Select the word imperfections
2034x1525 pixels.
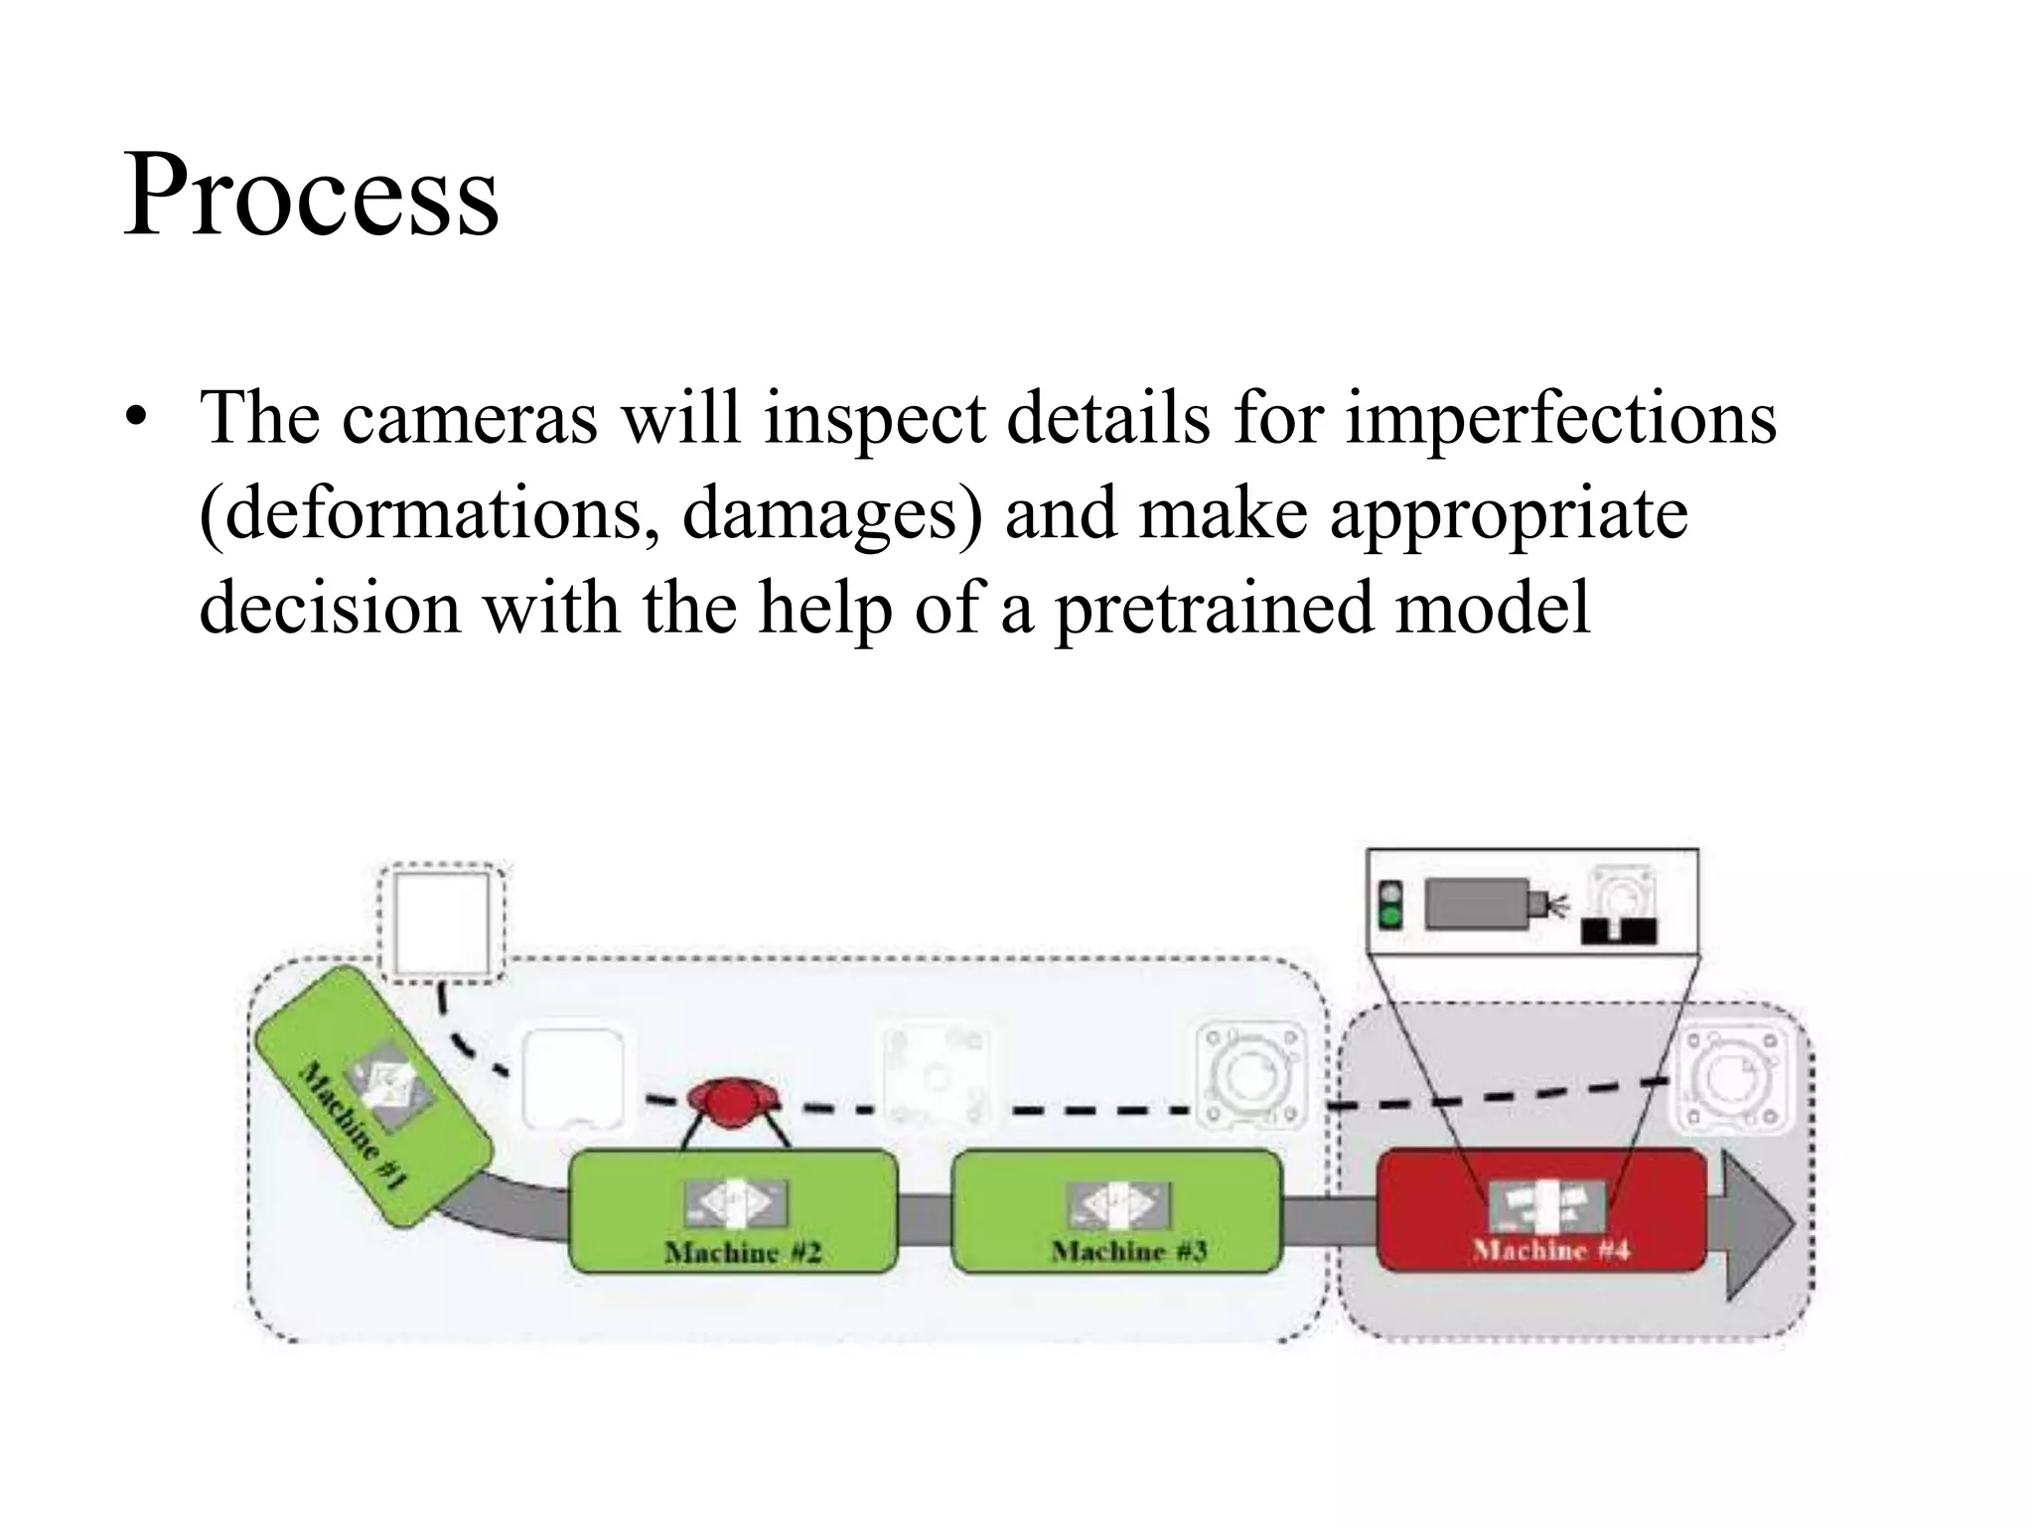tap(1560, 417)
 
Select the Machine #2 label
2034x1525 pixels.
tap(742, 1252)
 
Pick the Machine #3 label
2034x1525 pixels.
tap(1128, 1251)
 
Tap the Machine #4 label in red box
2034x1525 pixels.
tap(1550, 1250)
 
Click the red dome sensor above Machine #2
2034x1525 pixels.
tap(733, 1102)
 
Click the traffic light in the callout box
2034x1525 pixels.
tap(1391, 904)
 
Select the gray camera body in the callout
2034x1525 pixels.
tap(1477, 904)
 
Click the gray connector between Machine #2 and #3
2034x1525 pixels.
tap(924, 1218)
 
